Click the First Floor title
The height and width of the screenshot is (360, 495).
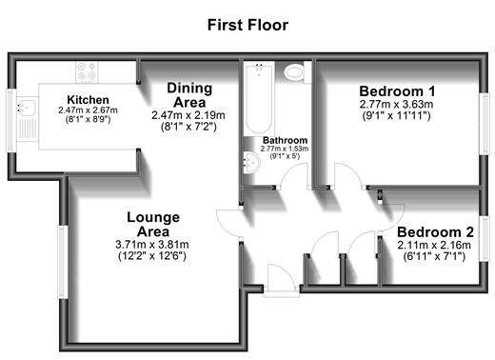tap(247, 25)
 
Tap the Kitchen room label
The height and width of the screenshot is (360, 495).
tap(88, 100)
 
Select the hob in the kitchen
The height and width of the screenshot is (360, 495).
tap(87, 71)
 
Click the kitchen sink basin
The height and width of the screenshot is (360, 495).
tap(27, 107)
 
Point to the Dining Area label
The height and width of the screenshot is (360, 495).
tap(189, 95)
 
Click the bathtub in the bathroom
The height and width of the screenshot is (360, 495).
tap(259, 98)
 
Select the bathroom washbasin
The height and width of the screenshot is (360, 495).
tap(252, 162)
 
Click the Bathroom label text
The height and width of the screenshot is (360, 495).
tap(285, 140)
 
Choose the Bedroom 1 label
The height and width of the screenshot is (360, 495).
tap(397, 91)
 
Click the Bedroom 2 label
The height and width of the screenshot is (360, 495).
tap(435, 232)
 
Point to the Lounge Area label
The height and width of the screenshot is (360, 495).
tap(153, 225)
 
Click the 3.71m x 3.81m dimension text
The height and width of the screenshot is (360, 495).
tap(152, 245)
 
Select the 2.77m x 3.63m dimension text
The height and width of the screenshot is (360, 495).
tap(396, 104)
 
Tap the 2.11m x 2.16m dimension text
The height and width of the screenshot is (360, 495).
tap(434, 245)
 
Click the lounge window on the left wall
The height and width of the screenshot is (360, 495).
tap(62, 262)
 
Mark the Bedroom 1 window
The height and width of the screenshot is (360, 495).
tap(485, 124)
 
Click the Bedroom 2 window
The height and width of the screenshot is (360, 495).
tap(485, 238)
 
